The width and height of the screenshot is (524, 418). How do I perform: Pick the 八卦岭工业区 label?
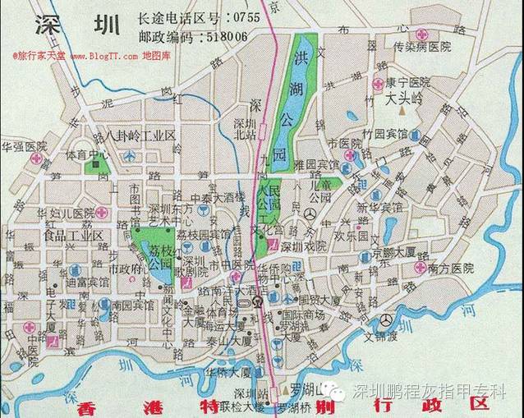tap(140, 135)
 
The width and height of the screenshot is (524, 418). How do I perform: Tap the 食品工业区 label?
tap(73, 236)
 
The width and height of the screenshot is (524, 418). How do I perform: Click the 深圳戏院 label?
tap(304, 246)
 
